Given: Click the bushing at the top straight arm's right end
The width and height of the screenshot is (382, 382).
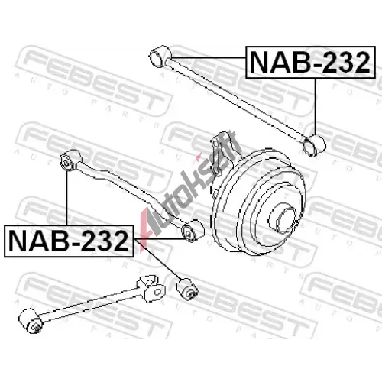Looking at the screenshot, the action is click(314, 144).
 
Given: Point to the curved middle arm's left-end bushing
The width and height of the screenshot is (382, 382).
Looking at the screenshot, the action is click(71, 160).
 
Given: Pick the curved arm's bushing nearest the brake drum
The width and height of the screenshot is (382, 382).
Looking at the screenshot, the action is click(193, 231).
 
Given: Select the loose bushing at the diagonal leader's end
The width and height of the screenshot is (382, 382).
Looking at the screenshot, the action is click(187, 289).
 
